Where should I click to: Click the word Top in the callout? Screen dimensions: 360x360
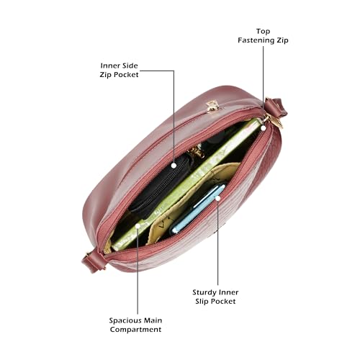pyautogui.click(x=263, y=32)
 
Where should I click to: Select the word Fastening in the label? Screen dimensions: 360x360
pyautogui.click(x=256, y=40)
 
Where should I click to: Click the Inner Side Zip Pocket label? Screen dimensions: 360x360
pyautogui.click(x=119, y=70)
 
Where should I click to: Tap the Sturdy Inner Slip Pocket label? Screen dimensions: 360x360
pyautogui.click(x=215, y=297)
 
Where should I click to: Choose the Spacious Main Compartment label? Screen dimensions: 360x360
pyautogui.click(x=135, y=325)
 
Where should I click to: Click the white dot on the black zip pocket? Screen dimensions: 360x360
pyautogui.click(x=174, y=166)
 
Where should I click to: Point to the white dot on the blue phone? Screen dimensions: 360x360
pyautogui.click(x=217, y=198)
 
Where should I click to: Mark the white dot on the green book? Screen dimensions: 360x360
pyautogui.click(x=138, y=226)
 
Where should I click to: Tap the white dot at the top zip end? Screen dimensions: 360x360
pyautogui.click(x=264, y=128)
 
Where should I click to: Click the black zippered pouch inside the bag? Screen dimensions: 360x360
pyautogui.click(x=160, y=185)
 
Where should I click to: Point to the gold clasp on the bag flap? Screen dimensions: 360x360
pyautogui.click(x=212, y=107)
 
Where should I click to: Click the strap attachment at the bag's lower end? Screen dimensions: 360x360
pyautogui.click(x=93, y=261)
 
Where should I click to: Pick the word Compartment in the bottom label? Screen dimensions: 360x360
pyautogui.click(x=135, y=329)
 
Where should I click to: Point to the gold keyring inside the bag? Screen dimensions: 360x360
pyautogui.click(x=197, y=152)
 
